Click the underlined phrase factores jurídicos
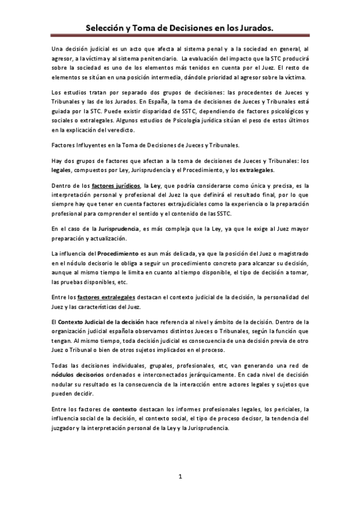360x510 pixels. [116, 186]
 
